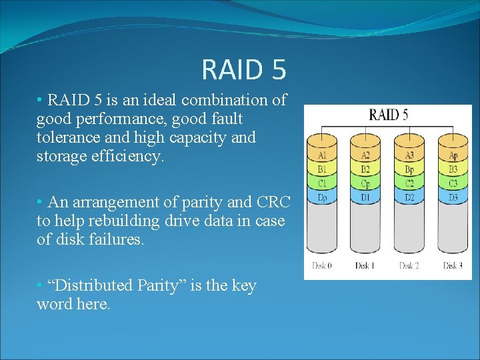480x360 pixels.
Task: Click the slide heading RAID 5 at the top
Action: [x=243, y=69]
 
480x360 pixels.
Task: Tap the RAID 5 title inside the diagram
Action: [x=389, y=115]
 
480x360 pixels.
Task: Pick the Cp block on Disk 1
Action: [x=366, y=183]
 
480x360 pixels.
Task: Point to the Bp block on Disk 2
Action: [x=410, y=169]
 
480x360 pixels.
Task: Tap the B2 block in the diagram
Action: [x=366, y=169]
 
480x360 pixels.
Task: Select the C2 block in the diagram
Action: [x=410, y=183]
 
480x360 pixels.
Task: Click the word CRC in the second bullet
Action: [x=271, y=202]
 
